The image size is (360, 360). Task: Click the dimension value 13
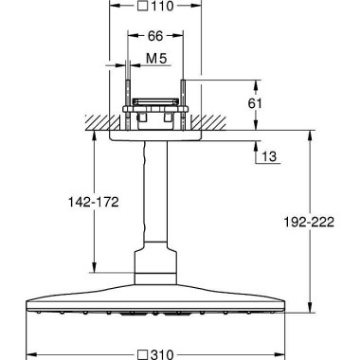(x=269, y=156)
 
